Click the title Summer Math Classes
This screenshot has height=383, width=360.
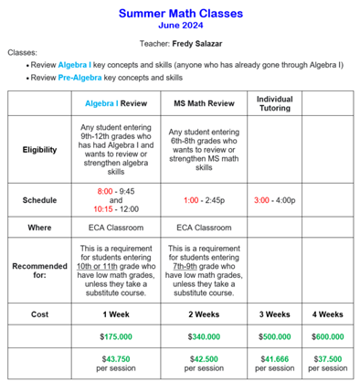tap(179, 14)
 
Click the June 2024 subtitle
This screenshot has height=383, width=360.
tap(179, 26)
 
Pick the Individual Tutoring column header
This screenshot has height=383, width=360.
tap(274, 103)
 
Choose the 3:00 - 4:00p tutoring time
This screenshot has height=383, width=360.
tap(274, 197)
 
